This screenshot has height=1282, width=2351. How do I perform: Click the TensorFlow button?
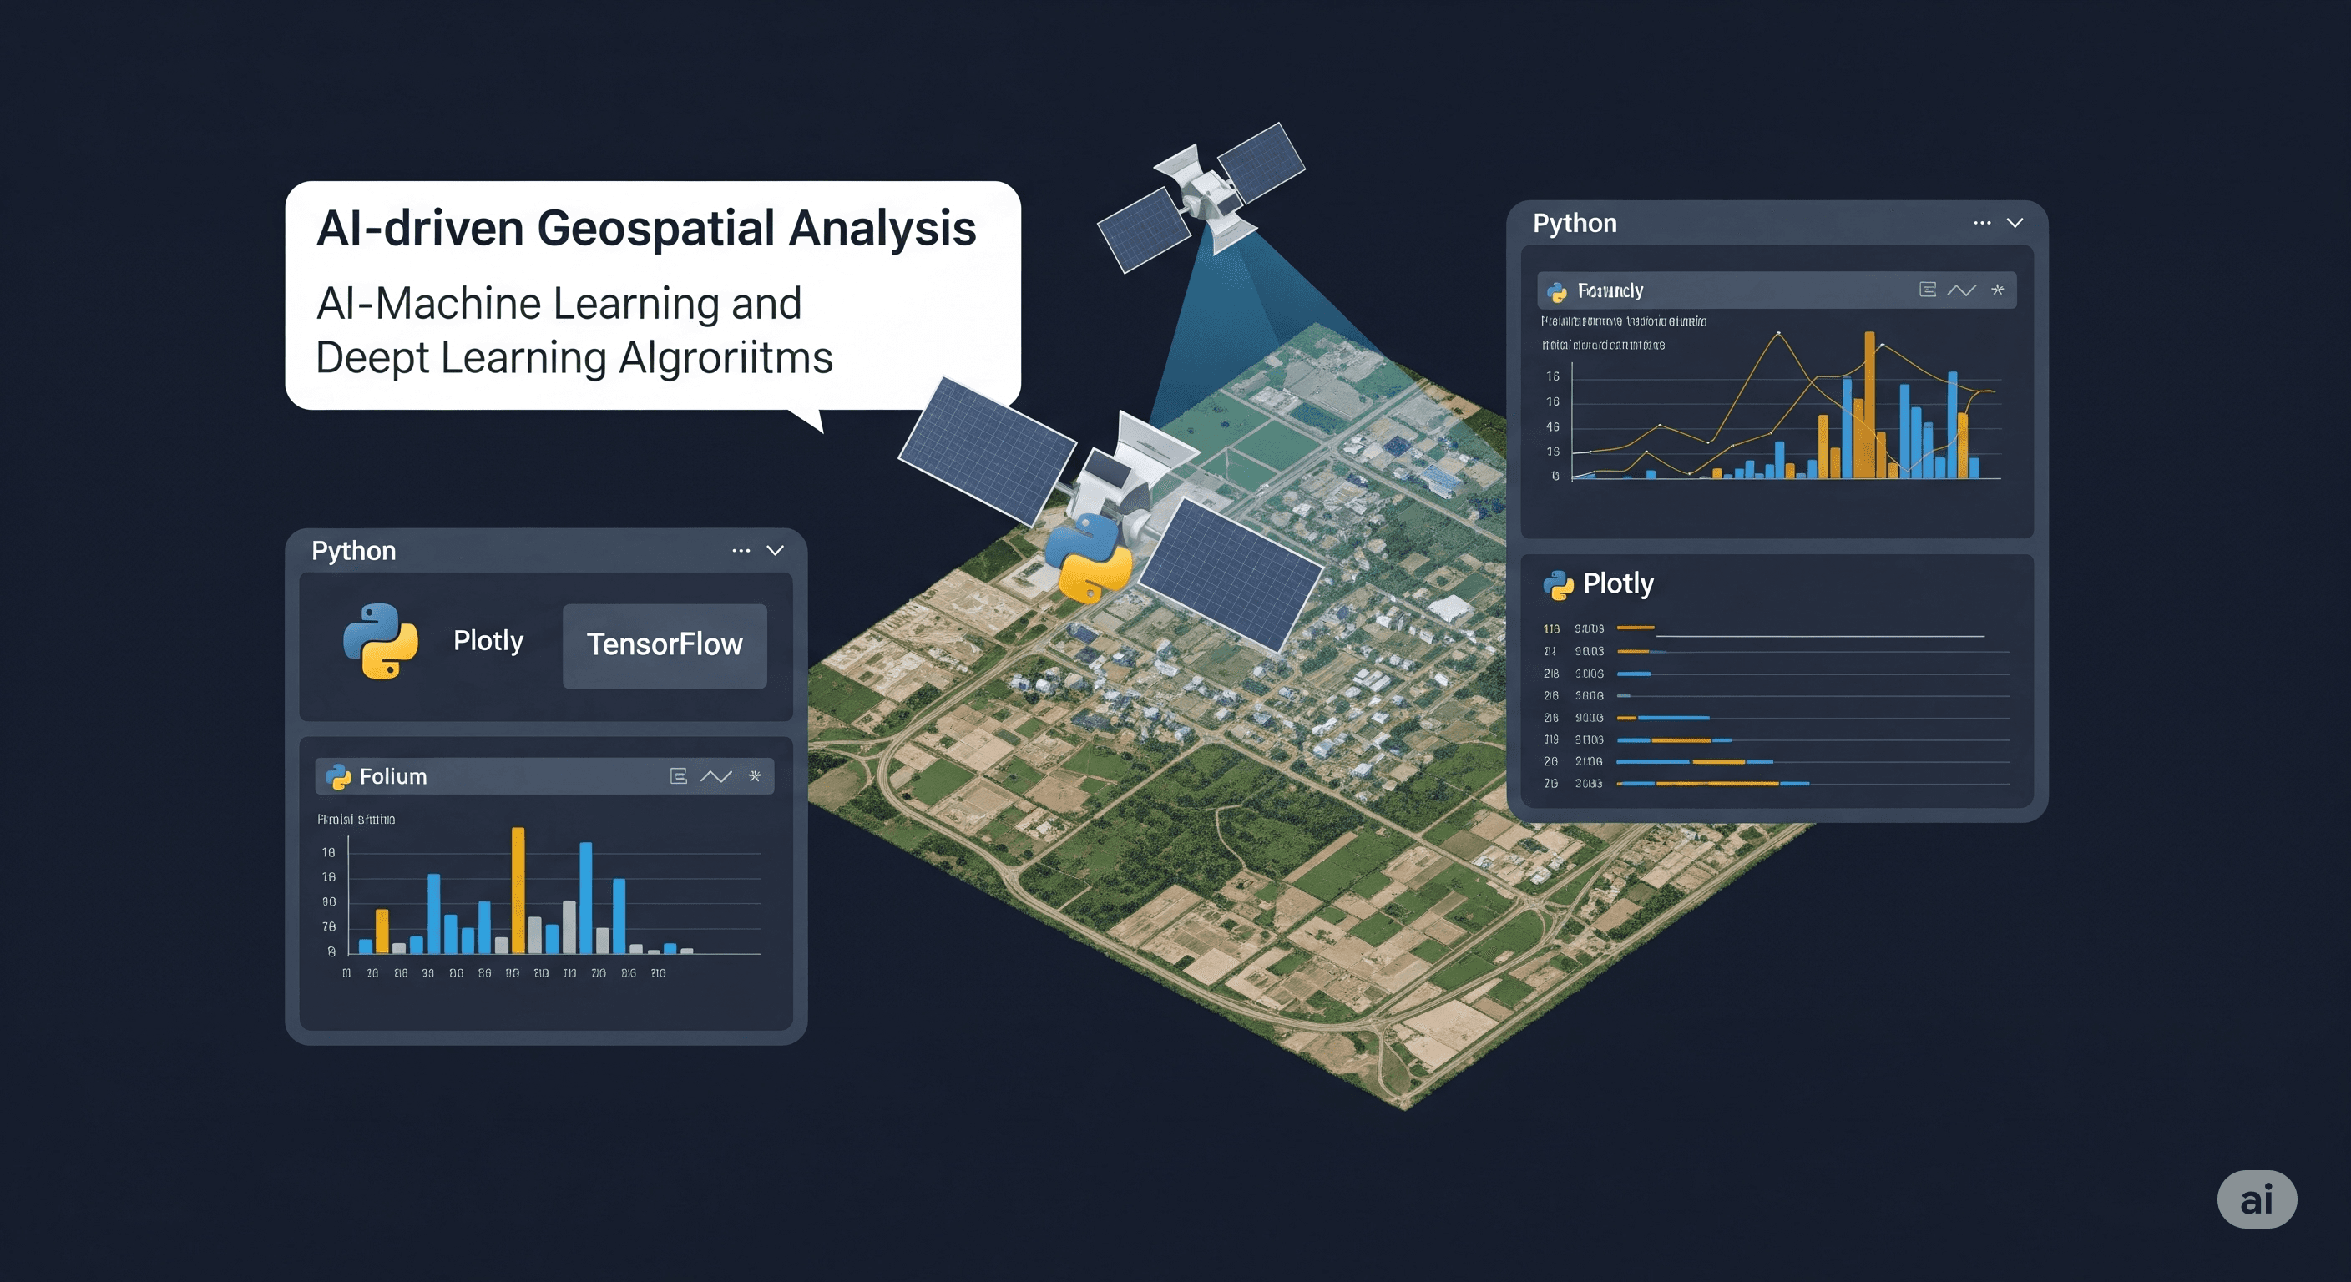(665, 645)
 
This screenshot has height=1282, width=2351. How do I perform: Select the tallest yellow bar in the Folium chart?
(518, 890)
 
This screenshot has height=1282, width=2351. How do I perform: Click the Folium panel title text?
(393, 776)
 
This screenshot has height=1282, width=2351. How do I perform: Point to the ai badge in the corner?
(2256, 1200)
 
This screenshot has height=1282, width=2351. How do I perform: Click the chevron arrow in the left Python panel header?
(775, 550)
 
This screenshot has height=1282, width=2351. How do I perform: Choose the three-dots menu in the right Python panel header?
(1981, 223)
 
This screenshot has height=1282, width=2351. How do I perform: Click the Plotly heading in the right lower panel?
(1617, 583)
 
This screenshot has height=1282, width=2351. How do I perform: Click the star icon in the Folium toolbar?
(755, 776)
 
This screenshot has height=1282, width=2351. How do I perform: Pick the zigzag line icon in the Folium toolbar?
(715, 776)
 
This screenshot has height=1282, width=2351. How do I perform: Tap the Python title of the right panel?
(1575, 224)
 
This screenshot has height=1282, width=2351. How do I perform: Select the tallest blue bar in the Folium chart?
(586, 897)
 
